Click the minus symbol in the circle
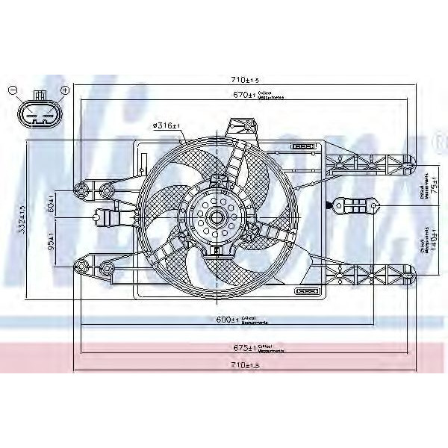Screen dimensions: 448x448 13,90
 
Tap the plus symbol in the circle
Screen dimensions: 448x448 64,90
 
